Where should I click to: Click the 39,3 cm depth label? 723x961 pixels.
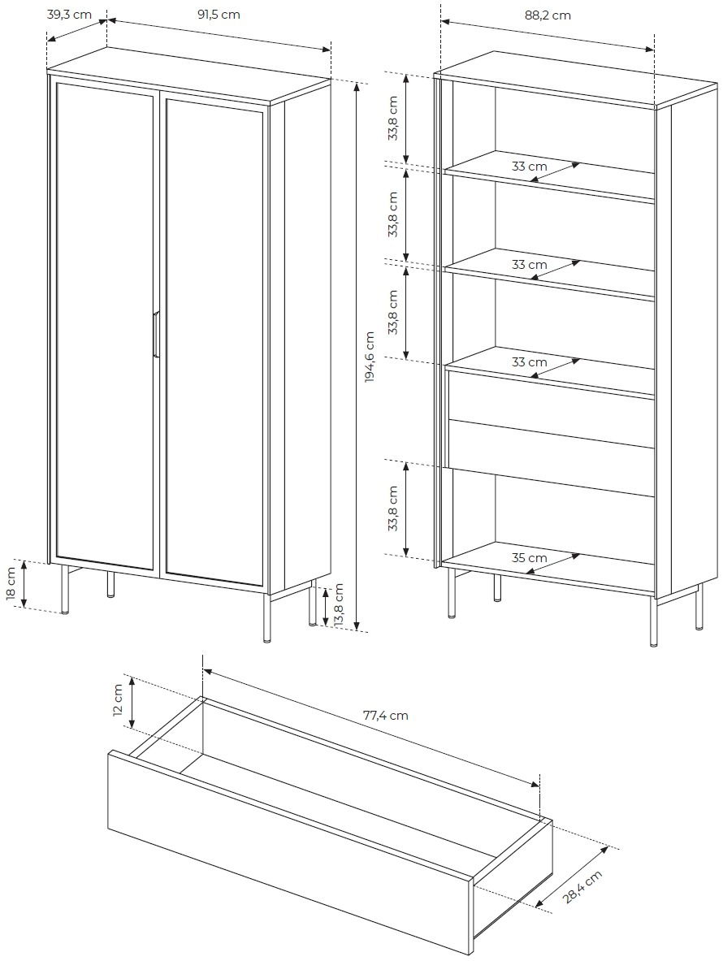pos(69,15)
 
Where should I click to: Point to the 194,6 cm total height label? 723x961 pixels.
pos(370,357)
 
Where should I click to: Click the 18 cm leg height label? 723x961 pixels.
pos(11,584)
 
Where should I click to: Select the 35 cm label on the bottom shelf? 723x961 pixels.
pos(529,558)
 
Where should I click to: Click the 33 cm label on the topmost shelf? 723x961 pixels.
pos(529,167)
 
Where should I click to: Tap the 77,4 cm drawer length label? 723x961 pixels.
pos(385,716)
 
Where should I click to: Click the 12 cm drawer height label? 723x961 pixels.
pos(118,704)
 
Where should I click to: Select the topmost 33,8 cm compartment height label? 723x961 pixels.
pos(393,118)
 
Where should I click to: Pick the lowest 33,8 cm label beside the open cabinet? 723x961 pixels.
pos(393,509)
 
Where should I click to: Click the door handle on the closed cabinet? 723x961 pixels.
pos(154,334)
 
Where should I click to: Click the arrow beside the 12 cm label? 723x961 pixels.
pos(132,704)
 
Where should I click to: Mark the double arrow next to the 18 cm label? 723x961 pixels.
pos(25,584)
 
